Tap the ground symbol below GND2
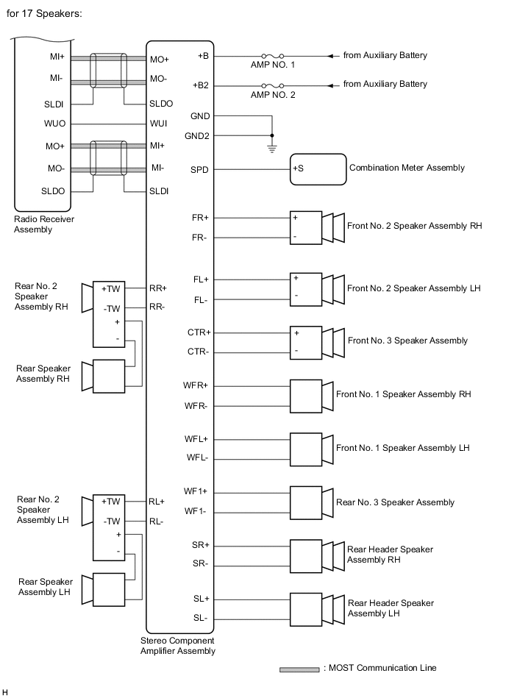(272, 148)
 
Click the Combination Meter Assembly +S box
(318, 169)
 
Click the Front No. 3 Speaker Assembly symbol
(316, 342)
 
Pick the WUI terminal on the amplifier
(160, 124)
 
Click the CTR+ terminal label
(199, 332)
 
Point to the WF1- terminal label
(197, 511)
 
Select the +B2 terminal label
(201, 85)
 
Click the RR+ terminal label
(158, 288)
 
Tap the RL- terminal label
(157, 521)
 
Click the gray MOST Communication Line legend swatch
(299, 669)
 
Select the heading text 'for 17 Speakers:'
(44, 14)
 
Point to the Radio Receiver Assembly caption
(44, 224)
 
